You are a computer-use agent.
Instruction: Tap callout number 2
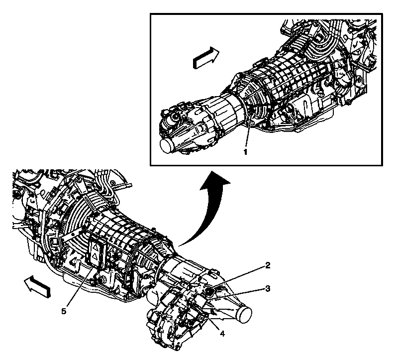click(267, 265)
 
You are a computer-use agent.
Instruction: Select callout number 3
click(267, 288)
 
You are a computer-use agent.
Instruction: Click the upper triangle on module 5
click(94, 246)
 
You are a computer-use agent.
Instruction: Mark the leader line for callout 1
click(248, 129)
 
